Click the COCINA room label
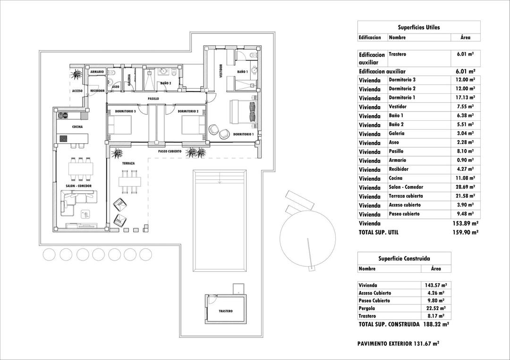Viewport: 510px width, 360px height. (78, 127)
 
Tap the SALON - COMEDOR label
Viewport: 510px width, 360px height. (78, 186)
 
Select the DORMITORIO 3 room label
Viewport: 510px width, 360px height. (125, 111)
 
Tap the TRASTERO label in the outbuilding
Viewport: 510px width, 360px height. (226, 311)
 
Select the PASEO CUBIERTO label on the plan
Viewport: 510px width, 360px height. (170, 151)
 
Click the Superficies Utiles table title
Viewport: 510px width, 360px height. (419, 27)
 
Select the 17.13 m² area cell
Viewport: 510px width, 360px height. (465, 98)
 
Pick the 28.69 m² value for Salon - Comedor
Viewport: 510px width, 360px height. (465, 187)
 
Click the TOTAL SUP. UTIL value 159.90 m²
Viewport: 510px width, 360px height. (465, 232)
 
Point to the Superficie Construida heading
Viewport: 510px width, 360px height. (404, 259)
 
